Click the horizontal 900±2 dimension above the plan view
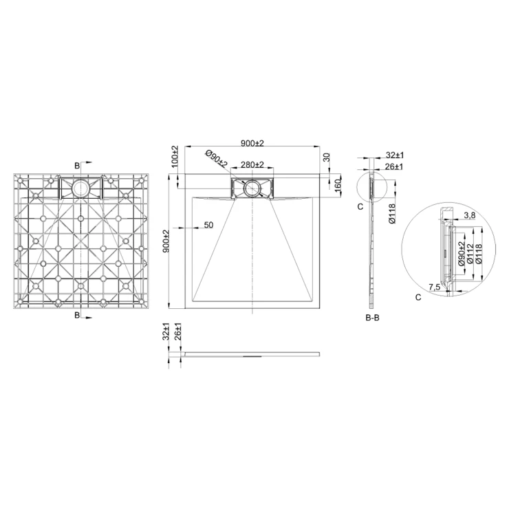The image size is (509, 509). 252,143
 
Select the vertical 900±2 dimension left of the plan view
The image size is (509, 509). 166,241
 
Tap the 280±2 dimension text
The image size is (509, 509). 252,164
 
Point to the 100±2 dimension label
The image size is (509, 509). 175,157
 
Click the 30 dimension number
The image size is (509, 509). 327,157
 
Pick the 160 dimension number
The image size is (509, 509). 337,185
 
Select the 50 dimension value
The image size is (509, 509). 208,225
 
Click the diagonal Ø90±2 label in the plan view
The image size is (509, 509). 217,159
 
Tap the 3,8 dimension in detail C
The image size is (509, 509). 469,215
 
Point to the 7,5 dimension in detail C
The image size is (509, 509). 434,287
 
